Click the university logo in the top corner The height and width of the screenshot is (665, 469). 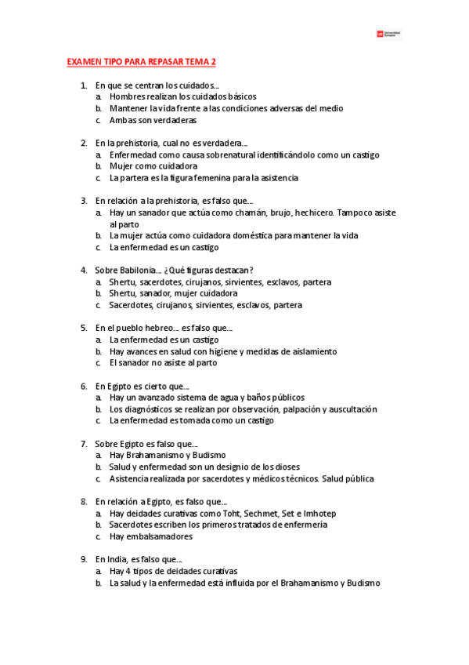[x=388, y=34]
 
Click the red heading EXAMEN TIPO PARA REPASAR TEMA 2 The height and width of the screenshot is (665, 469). [x=141, y=61]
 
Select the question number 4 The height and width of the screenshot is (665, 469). [x=84, y=271]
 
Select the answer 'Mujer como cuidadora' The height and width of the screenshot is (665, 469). [x=153, y=166]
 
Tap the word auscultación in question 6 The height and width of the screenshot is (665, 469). [x=351, y=409]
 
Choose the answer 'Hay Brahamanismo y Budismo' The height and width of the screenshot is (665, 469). [x=168, y=456]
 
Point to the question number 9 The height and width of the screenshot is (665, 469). [x=84, y=560]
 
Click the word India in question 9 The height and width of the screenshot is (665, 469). [x=116, y=560]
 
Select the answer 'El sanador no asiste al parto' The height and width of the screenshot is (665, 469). [x=163, y=363]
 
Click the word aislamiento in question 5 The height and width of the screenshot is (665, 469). [x=308, y=351]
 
